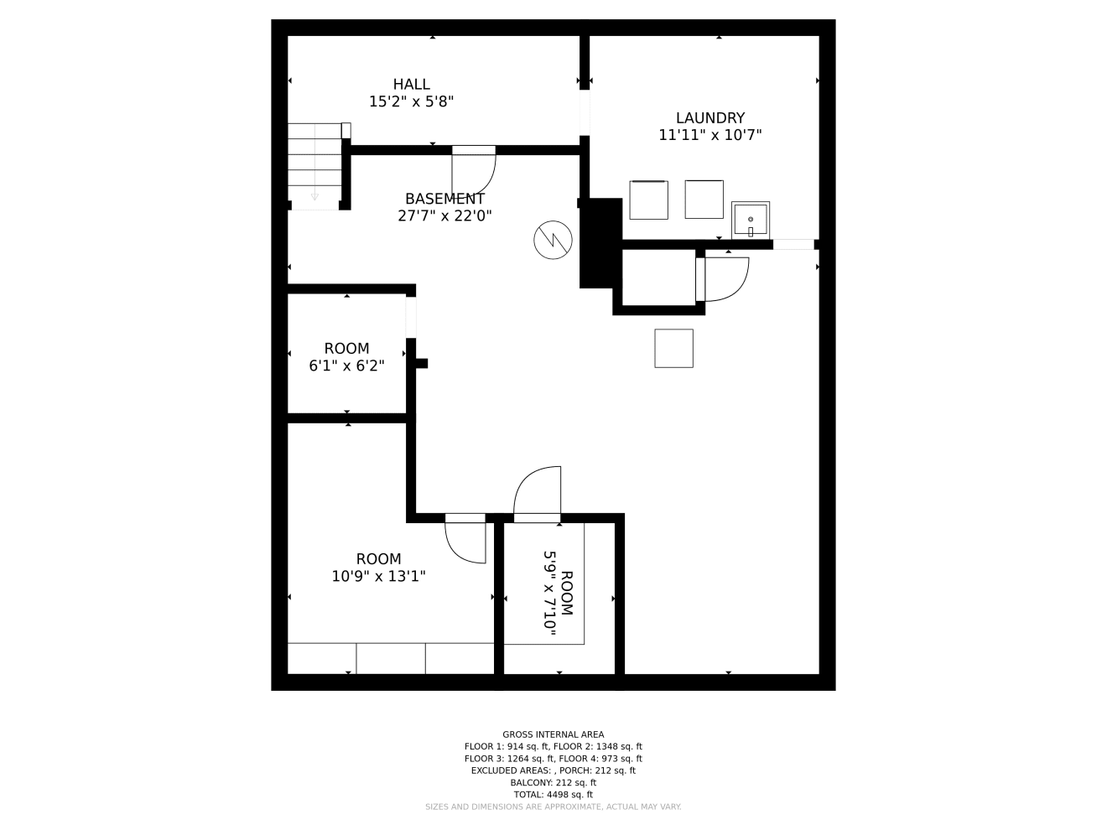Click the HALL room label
point(411,84)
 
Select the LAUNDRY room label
point(709,118)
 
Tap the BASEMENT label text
point(444,199)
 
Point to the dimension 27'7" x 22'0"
point(444,215)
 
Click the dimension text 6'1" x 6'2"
point(346,366)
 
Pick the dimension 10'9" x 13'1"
point(378,576)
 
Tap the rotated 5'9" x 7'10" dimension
point(550,592)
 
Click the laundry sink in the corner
point(751,220)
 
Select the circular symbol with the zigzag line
point(553,240)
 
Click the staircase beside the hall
point(314,163)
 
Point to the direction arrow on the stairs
point(314,196)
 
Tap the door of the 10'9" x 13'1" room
point(466,541)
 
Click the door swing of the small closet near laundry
point(725,278)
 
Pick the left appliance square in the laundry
point(648,200)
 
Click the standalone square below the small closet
point(673,348)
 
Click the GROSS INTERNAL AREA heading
point(553,734)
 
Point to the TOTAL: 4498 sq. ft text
point(553,795)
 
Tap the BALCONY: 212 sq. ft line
point(553,782)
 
